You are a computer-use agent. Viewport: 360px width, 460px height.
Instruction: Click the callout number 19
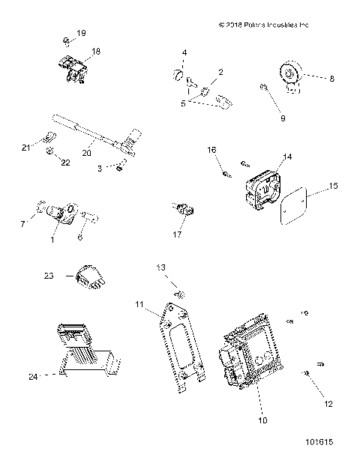(x=82, y=34)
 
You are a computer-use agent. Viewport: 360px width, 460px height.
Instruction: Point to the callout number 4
(x=184, y=52)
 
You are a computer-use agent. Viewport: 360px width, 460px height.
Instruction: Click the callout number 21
(x=25, y=148)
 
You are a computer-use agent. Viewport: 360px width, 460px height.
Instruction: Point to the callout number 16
(x=211, y=151)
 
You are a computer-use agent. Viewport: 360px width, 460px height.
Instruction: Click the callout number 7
(x=22, y=223)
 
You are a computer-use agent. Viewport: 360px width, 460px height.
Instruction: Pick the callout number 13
(x=160, y=267)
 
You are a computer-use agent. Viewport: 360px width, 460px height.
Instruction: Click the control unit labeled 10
(x=247, y=352)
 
